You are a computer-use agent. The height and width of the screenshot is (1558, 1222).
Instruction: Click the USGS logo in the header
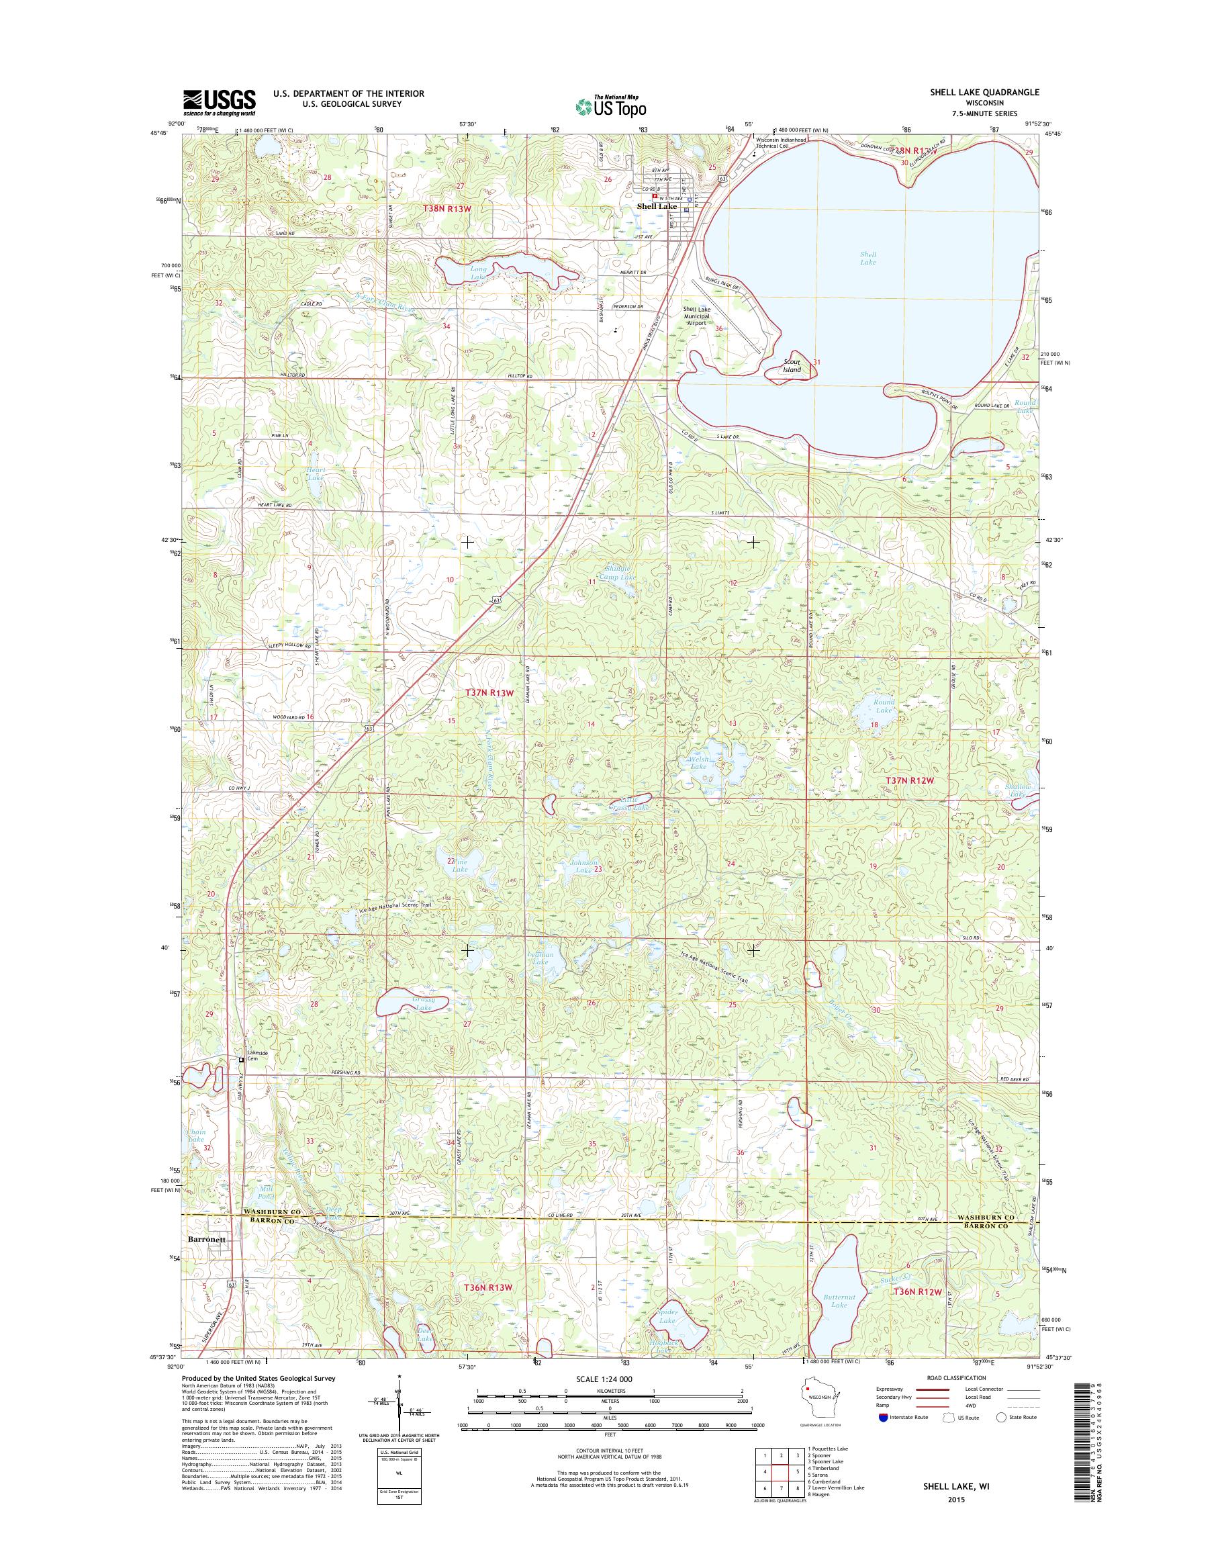point(219,101)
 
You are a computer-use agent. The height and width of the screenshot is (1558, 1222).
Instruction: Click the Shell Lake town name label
point(657,206)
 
